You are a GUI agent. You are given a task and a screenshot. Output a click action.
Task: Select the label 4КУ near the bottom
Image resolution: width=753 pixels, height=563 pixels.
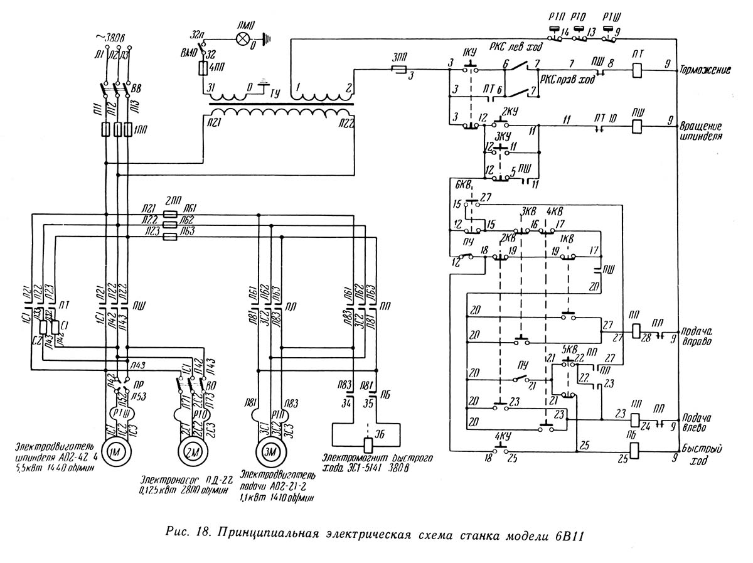coord(501,436)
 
